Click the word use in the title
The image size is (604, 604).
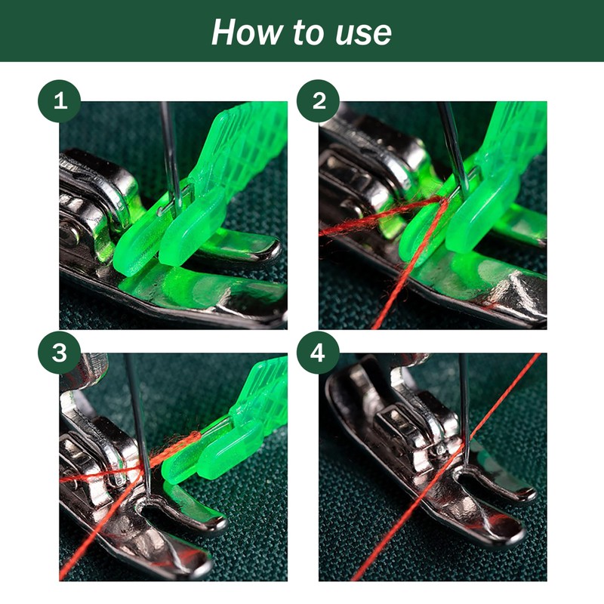pos(364,33)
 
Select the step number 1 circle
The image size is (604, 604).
pos(60,101)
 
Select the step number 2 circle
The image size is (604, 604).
pos(318,101)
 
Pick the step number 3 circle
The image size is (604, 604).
pos(60,353)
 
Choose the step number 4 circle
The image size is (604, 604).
pos(318,353)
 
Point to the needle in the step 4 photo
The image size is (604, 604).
pos(464,408)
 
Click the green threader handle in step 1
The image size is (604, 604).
pos(247,143)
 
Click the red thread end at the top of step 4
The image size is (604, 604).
pos(538,356)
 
